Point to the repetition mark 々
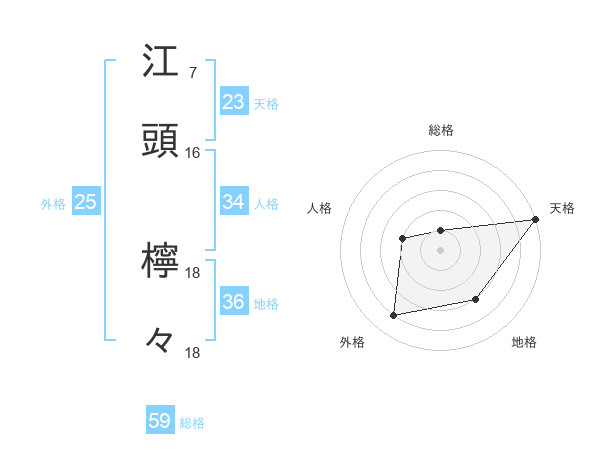tap(160, 341)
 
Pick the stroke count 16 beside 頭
tap(193, 153)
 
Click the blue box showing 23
tap(234, 102)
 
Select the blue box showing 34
tap(234, 202)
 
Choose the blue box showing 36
tap(234, 302)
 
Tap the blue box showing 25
tap(86, 202)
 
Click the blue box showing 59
tap(160, 421)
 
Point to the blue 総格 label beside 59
tap(192, 423)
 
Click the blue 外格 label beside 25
tap(53, 204)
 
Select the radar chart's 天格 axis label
tap(562, 208)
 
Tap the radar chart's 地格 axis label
tap(524, 343)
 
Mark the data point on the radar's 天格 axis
tap(536, 219)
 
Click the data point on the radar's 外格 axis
tap(394, 316)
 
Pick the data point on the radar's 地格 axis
tap(477, 299)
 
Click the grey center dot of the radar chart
tap(440, 249)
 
